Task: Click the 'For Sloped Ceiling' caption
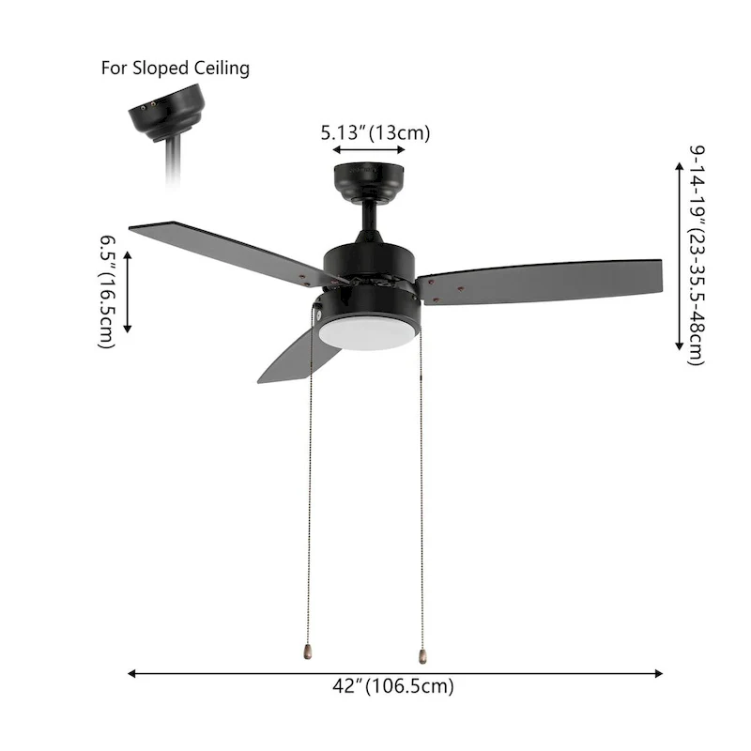point(175,69)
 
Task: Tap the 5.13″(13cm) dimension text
point(375,132)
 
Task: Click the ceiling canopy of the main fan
point(368,178)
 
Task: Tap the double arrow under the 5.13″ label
point(369,150)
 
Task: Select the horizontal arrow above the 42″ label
point(395,673)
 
